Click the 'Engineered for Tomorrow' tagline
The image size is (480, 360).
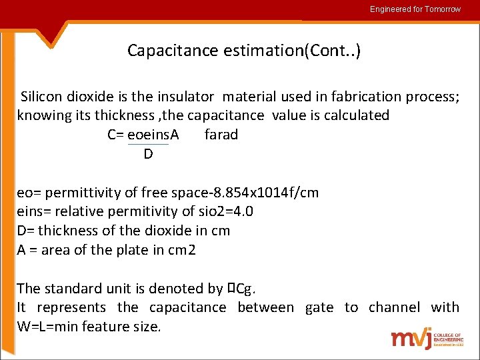pyautogui.click(x=415, y=9)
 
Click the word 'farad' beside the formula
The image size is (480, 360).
pyautogui.click(x=221, y=135)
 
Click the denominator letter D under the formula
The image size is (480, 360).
pyautogui.click(x=148, y=154)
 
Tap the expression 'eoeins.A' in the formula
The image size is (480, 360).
pyautogui.click(x=153, y=135)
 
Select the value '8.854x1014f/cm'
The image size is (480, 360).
pyautogui.click(x=265, y=193)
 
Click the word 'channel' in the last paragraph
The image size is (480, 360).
pyautogui.click(x=394, y=307)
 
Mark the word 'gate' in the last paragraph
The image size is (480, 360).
pyautogui.click(x=319, y=307)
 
